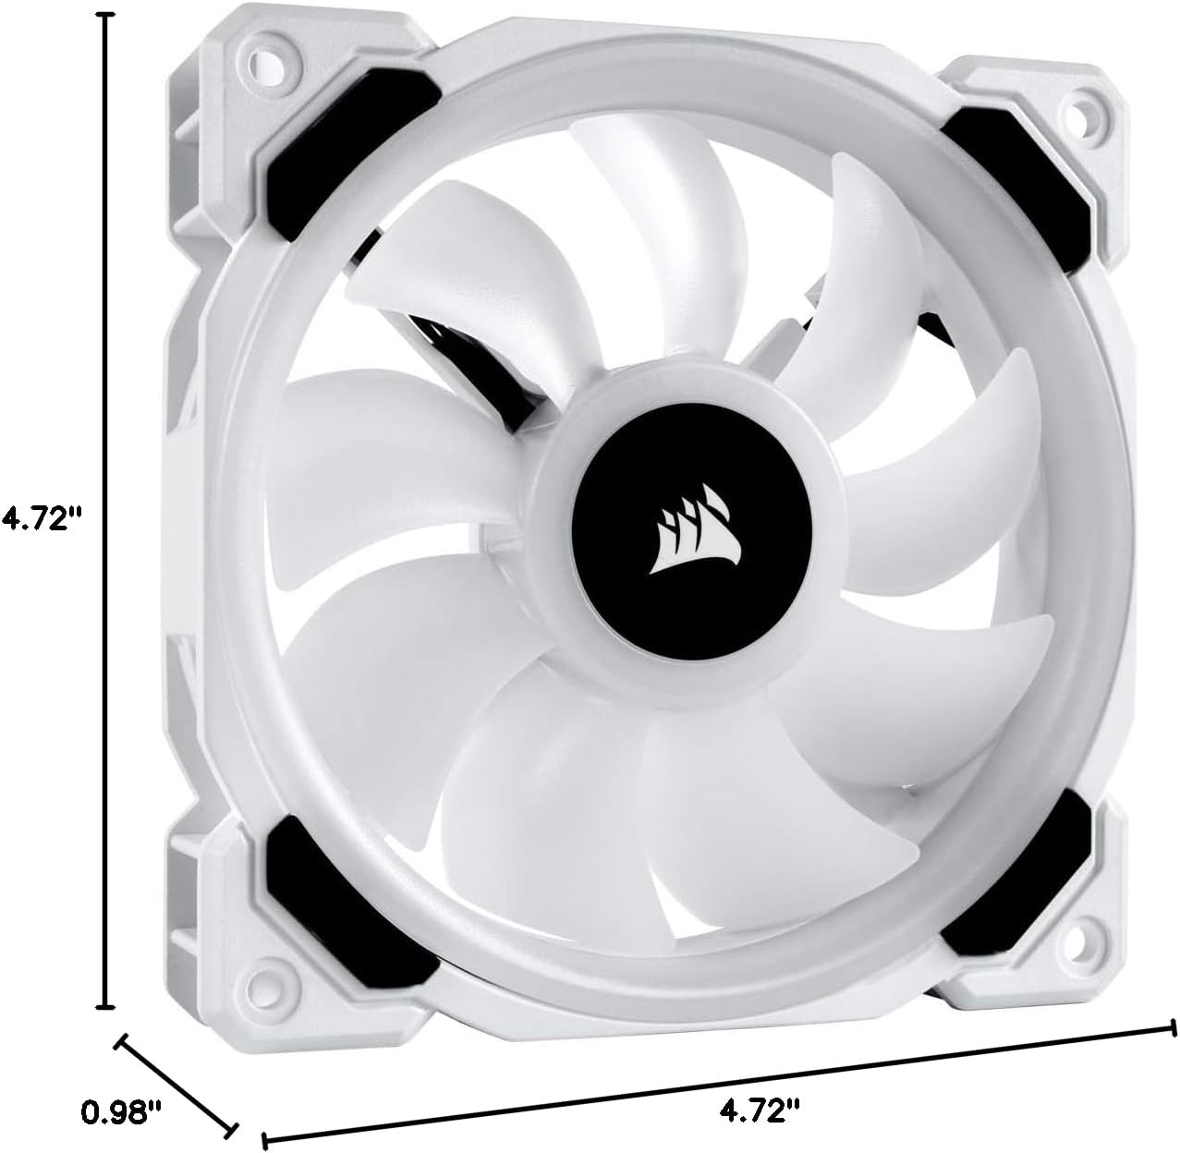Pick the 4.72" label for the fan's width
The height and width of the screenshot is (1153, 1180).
[759, 1107]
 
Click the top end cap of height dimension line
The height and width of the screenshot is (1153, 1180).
[107, 17]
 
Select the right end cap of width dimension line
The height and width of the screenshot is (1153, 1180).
[1174, 1028]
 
